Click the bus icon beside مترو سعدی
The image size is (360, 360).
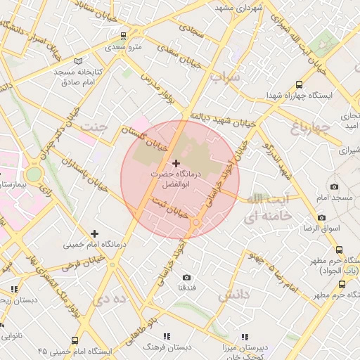[124, 36]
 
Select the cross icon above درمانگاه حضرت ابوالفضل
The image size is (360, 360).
[176, 163]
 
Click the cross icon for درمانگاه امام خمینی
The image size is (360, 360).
[94, 233]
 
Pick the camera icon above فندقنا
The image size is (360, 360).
[186, 278]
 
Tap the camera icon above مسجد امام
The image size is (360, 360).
[333, 187]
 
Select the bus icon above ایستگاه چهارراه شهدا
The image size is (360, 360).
[300, 83]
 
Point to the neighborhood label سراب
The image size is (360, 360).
[225, 76]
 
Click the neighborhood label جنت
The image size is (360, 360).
[94, 127]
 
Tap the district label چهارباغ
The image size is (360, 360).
[309, 127]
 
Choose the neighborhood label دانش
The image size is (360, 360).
[233, 295]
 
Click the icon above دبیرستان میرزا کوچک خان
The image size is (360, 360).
[245, 337]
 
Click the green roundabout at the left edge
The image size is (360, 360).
[34, 174]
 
